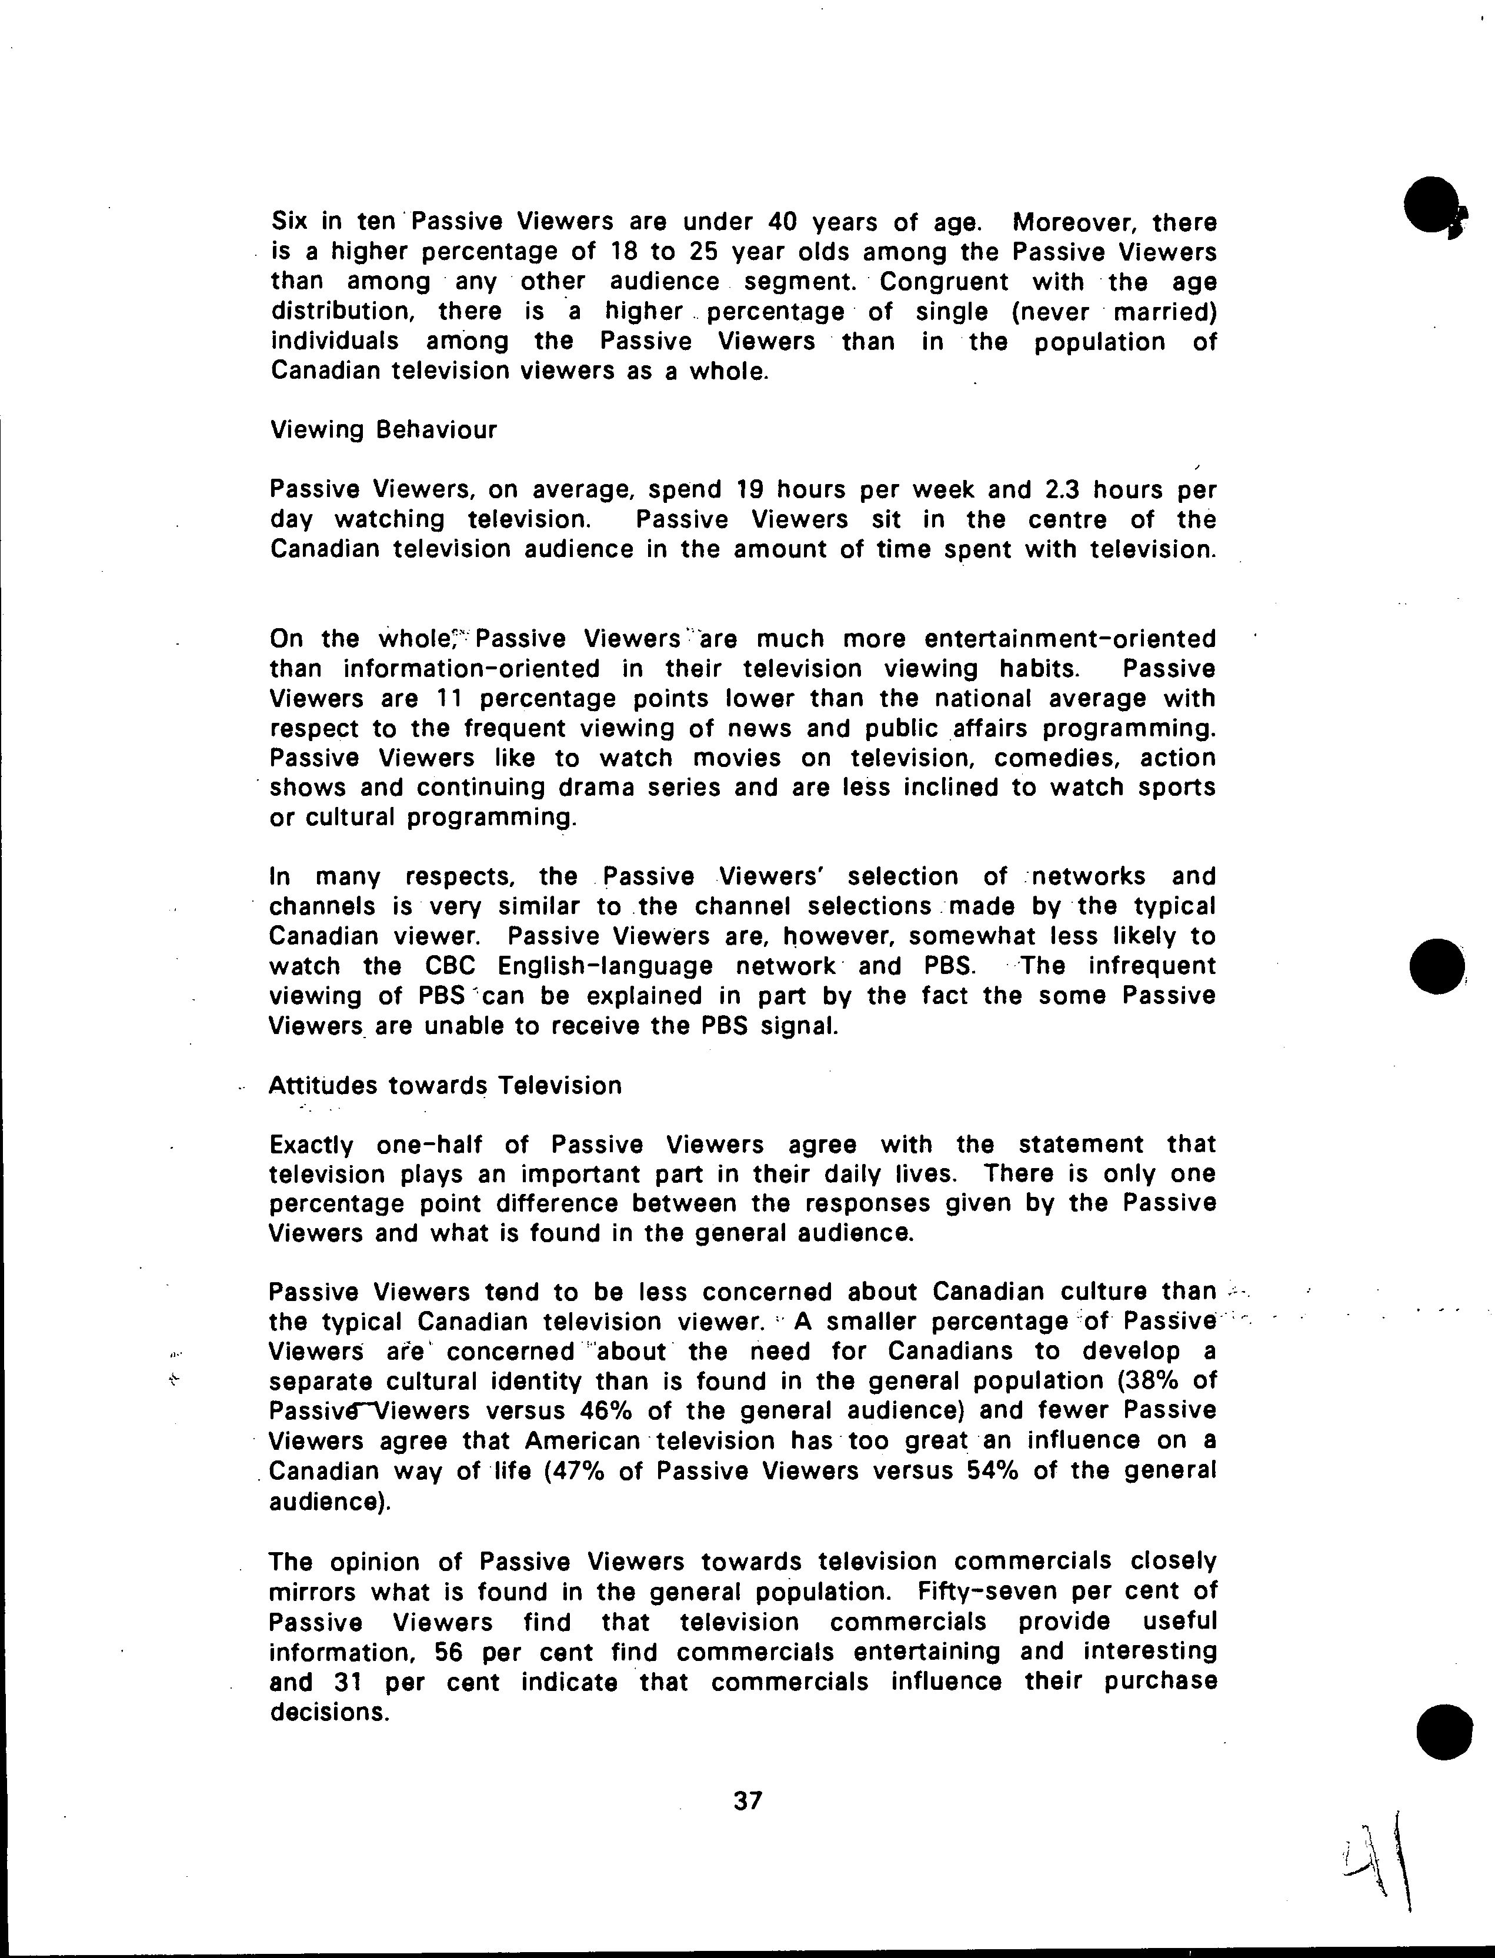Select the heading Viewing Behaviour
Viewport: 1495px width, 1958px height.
[x=383, y=431]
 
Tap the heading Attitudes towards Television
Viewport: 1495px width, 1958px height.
[x=445, y=1086]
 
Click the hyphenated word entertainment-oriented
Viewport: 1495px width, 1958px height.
[x=1070, y=639]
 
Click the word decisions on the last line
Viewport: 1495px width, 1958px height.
[x=329, y=1712]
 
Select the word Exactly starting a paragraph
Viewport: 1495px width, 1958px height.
[x=312, y=1145]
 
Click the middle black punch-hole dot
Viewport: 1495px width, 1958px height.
[x=1439, y=966]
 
